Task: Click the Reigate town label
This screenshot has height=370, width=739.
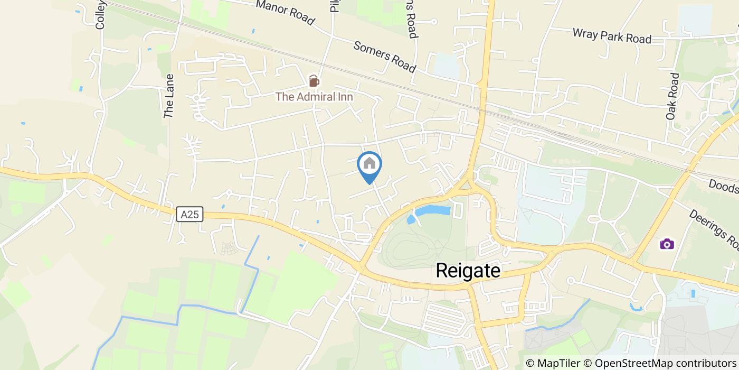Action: (x=468, y=271)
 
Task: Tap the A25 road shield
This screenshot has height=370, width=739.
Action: (x=190, y=214)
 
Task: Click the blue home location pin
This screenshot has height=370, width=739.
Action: (x=369, y=165)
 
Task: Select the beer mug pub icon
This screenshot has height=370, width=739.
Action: (x=314, y=81)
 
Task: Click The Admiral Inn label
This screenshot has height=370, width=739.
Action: (x=314, y=97)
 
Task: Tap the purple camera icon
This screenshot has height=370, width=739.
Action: (x=667, y=244)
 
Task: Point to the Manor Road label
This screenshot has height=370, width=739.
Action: (x=286, y=13)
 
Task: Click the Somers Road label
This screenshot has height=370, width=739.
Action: (x=384, y=57)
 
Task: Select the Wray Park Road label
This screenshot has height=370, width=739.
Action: (x=612, y=36)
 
